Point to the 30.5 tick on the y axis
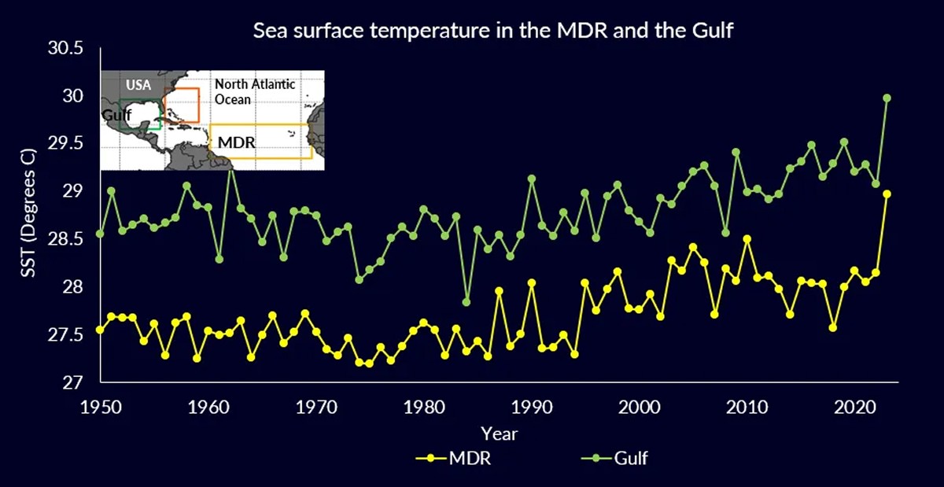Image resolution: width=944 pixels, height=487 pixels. [65, 49]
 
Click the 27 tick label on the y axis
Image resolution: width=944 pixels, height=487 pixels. [73, 383]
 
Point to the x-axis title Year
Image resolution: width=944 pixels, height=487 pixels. [499, 432]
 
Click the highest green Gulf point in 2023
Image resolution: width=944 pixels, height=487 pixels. [887, 98]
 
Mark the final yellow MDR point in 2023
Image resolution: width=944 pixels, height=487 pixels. [887, 194]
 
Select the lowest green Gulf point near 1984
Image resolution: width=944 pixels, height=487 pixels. [466, 302]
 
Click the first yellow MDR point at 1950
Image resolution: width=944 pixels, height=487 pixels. [100, 330]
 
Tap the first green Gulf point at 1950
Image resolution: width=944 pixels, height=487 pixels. [100, 234]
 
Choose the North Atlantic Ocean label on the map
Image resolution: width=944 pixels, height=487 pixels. [255, 91]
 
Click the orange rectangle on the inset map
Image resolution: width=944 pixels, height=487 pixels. [181, 105]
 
